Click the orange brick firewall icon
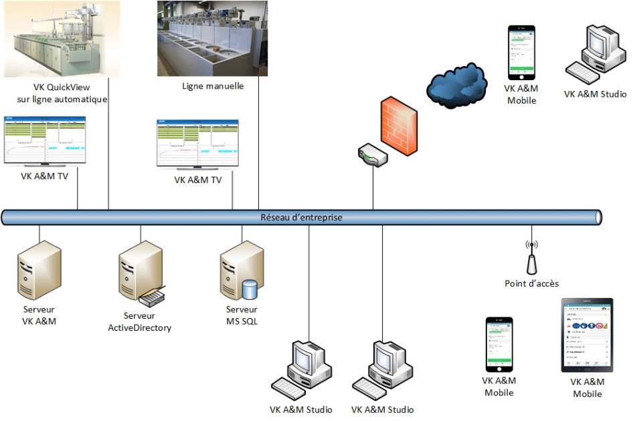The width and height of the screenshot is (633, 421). coord(399,127)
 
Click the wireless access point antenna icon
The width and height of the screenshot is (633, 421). coord(532,258)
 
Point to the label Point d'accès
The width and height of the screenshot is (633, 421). coord(532,283)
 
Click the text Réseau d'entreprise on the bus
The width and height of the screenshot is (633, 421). coord(301,217)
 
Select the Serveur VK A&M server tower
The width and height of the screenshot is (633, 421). coord(39,271)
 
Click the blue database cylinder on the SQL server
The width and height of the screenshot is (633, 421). coord(250,289)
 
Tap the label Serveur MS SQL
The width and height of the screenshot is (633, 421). coord(242,315)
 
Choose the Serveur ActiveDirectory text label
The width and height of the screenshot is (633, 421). coord(140,321)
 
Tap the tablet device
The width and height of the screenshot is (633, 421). coord(587,335)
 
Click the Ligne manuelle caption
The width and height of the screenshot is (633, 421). coord(213,86)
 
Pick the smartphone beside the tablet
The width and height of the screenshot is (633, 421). coord(499,344)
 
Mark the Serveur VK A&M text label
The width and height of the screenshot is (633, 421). coord(39,315)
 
